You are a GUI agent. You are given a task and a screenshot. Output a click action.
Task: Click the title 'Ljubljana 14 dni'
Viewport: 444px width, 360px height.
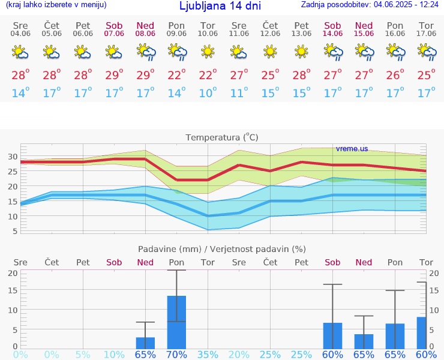click(220, 6)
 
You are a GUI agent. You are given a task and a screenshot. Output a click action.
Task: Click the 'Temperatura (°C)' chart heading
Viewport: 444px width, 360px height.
click(222, 137)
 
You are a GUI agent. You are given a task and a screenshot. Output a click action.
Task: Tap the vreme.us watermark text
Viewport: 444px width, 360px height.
click(352, 148)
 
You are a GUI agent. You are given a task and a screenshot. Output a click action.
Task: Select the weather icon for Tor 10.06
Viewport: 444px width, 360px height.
click(208, 53)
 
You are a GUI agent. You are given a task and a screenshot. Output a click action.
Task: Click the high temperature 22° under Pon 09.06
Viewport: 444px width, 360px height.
click(176, 75)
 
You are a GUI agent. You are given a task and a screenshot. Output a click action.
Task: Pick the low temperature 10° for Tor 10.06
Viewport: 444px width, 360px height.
click(208, 93)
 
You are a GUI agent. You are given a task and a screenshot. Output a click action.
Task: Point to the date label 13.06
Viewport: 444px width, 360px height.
click(301, 34)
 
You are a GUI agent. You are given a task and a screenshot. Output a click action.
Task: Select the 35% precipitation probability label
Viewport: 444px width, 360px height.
click(208, 354)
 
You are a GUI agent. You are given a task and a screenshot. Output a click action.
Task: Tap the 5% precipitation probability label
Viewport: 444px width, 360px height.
click(83, 354)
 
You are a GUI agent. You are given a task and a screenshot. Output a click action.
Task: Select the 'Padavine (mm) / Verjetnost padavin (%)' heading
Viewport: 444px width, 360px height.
click(222, 249)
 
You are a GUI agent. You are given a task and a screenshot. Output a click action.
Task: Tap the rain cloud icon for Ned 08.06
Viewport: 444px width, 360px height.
click(145, 53)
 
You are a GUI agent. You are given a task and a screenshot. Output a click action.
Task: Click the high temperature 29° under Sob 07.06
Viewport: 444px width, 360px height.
click(114, 75)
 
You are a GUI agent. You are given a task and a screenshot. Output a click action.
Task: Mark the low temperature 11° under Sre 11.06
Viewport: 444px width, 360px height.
click(239, 93)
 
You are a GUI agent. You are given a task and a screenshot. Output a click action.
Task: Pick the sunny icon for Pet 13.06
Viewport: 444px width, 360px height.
click(301, 53)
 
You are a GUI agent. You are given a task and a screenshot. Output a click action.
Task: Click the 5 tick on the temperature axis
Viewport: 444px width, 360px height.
click(13, 230)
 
